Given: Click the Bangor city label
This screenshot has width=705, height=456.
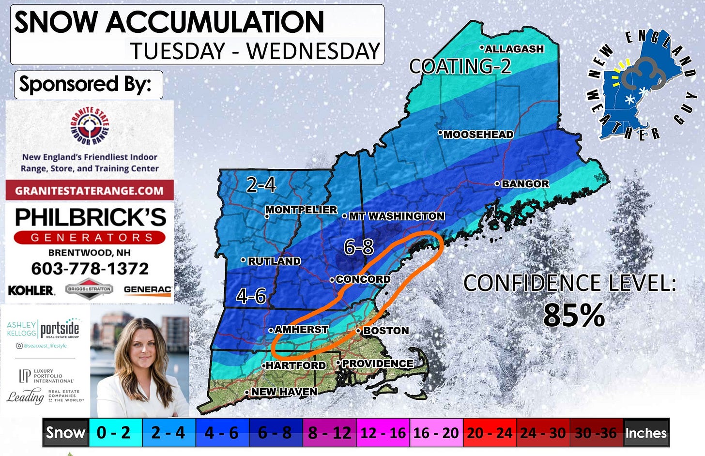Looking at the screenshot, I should pos(525,184).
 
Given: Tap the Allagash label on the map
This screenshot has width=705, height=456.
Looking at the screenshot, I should pos(514,49).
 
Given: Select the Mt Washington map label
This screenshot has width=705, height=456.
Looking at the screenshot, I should pos(396,216).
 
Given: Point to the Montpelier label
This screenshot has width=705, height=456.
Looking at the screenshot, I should pos(301,210).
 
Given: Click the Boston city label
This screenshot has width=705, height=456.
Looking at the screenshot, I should pos(385,331).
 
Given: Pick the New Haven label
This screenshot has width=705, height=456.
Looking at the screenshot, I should pos(284,392).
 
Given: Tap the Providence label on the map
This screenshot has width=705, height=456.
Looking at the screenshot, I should pos(377,364).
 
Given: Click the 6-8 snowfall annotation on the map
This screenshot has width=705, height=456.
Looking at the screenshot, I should pos(359,247).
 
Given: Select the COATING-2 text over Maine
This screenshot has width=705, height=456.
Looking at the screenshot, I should pos(460,66).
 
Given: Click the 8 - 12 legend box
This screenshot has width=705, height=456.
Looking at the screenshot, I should pos(329,432).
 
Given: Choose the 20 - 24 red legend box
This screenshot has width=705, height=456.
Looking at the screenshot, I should pos(489,432).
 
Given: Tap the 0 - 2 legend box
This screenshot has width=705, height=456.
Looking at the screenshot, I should pos(113,432).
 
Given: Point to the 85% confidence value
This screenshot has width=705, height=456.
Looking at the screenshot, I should pos(574,315).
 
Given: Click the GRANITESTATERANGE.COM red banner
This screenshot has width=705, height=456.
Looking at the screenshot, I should pos(90,190).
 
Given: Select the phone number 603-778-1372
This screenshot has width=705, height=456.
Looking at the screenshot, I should pos(90,269).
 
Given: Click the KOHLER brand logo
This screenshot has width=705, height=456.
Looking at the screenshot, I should pos(31,290).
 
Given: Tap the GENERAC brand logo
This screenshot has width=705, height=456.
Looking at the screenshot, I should pos(147,289).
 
